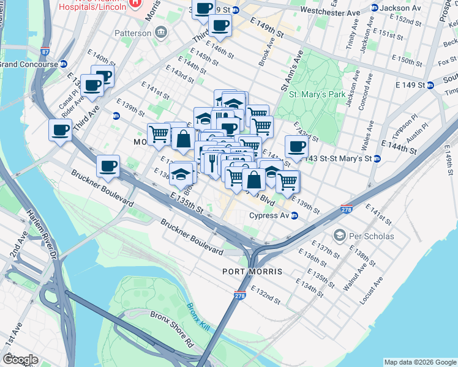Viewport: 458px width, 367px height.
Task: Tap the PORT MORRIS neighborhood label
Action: tap(253, 271)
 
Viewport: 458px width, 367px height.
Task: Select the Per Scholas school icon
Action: tap(339, 235)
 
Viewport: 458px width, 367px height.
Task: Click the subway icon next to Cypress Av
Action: tap(295, 215)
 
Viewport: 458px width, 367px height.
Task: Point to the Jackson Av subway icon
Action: tap(375, 8)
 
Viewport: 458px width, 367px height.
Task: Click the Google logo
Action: tap(20, 360)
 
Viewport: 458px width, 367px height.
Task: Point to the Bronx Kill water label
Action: tap(198, 316)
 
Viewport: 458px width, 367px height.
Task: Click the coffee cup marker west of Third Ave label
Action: tap(60, 130)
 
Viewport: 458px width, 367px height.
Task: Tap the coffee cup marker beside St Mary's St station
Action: tap(296, 147)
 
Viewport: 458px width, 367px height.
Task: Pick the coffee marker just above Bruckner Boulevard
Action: tap(108, 166)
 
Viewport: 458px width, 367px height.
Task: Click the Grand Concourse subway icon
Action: tap(63, 64)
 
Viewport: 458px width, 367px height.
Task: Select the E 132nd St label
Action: tap(265, 295)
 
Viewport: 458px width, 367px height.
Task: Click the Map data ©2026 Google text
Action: tap(419, 361)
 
